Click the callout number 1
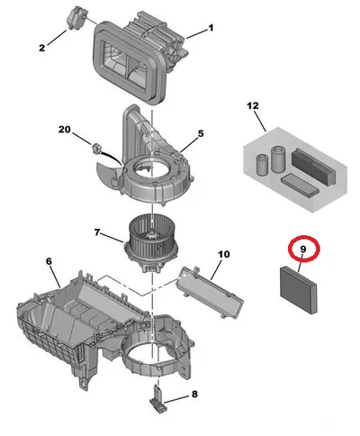click(x=211, y=28)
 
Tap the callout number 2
click(x=42, y=48)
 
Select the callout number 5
click(x=201, y=133)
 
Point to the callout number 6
click(x=49, y=261)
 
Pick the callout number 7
click(x=96, y=232)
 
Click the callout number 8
click(x=194, y=394)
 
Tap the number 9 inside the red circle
click(x=303, y=249)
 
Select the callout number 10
click(x=224, y=255)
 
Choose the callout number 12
click(x=253, y=105)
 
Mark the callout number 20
click(x=65, y=130)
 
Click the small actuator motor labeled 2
click(x=76, y=18)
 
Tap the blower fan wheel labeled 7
click(x=151, y=241)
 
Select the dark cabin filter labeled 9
click(x=298, y=290)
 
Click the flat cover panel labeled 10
click(x=211, y=291)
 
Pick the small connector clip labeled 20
click(x=96, y=148)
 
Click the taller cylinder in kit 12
click(x=277, y=159)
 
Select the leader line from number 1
click(x=196, y=33)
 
